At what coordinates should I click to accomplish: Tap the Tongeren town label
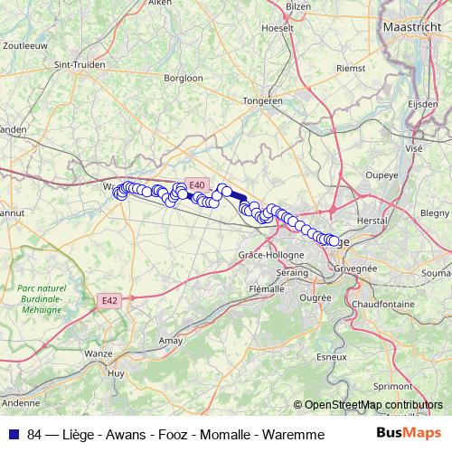[x=263, y=101]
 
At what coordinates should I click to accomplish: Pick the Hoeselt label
[x=278, y=27]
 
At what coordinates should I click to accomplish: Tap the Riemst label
[x=350, y=68]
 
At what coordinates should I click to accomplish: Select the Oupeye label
[x=381, y=175]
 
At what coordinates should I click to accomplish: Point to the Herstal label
[x=373, y=221]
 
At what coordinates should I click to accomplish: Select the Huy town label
[x=116, y=372]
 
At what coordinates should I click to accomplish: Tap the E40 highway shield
[x=197, y=184]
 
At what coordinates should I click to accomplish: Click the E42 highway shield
[x=109, y=300]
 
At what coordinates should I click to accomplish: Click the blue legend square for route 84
[x=14, y=435]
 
